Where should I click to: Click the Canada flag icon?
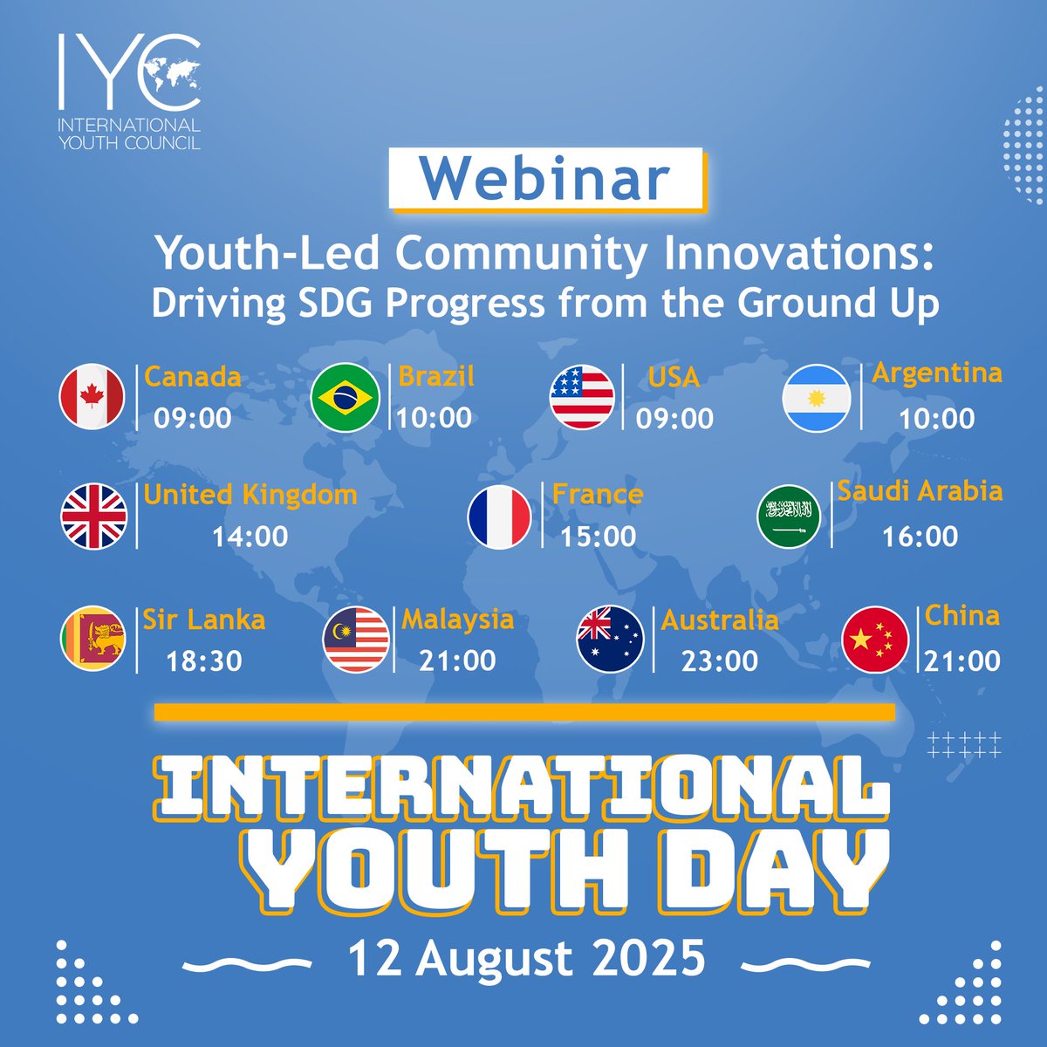92,397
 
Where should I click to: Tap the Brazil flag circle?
346,397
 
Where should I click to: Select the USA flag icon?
582,397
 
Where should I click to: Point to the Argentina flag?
817,397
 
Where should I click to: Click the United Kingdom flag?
94,516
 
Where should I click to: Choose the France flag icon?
499,516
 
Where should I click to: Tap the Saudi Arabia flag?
789,516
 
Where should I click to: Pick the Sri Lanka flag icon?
94,639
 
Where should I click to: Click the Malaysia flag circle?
356,640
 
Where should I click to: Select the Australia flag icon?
610,639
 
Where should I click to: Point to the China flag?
875,640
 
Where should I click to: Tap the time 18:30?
204,660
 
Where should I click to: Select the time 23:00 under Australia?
720,660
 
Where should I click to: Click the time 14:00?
250,536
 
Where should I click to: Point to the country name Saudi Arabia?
920,491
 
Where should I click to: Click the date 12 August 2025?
526,958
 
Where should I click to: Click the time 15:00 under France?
599,536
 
